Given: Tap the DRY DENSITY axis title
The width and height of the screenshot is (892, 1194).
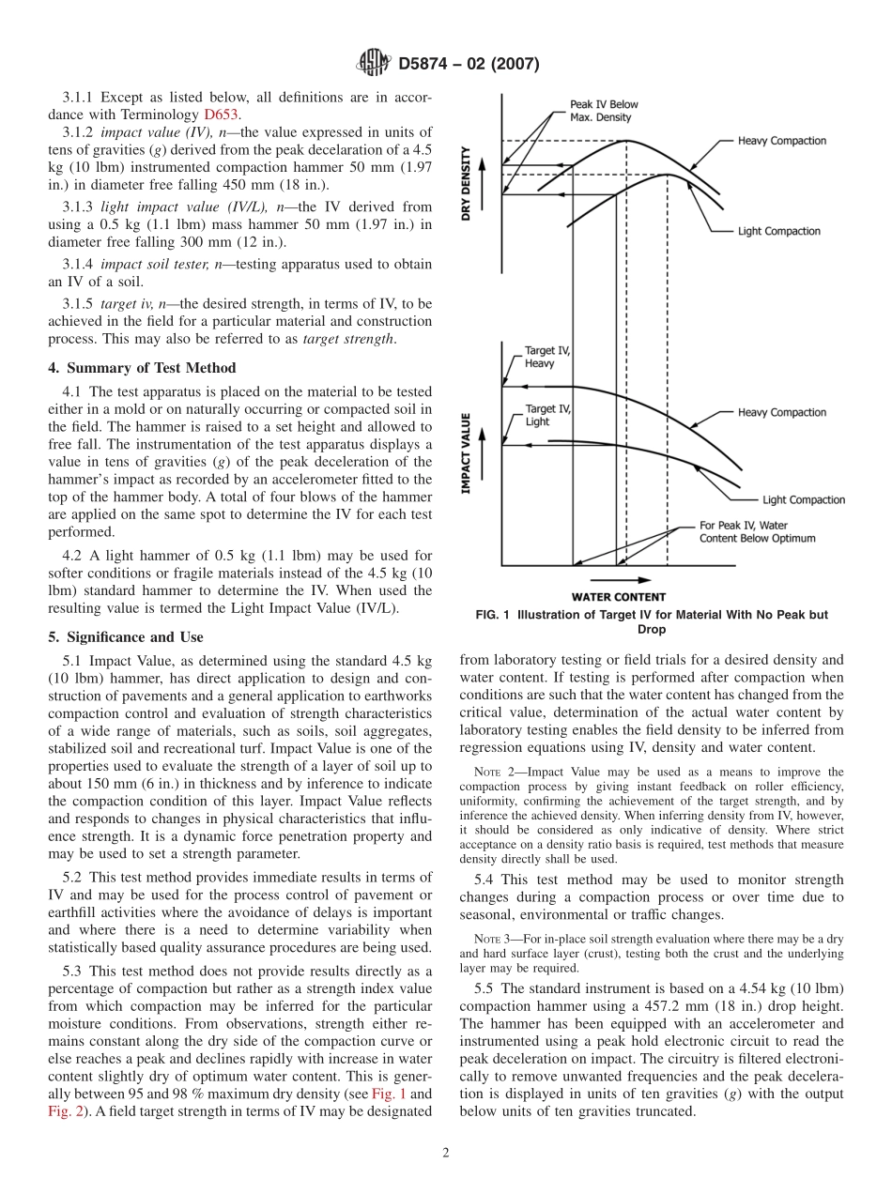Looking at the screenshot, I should (x=467, y=183).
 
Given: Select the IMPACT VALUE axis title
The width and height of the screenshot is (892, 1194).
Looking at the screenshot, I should (x=467, y=454).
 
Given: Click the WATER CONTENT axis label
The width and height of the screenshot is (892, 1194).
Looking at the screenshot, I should (x=619, y=597).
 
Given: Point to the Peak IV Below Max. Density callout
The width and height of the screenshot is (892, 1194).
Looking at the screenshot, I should (x=602, y=111).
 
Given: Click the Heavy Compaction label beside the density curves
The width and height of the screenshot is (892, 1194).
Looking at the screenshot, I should (x=781, y=141).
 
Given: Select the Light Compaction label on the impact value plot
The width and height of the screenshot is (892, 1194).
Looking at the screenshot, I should (x=803, y=500).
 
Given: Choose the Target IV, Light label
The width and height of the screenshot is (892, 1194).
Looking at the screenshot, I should (x=546, y=415).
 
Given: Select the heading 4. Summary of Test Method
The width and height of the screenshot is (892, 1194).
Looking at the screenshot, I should (x=142, y=368).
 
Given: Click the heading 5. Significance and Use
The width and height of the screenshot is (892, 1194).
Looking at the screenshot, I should (x=125, y=637).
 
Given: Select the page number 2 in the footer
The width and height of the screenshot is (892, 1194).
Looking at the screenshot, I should (x=446, y=1154).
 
